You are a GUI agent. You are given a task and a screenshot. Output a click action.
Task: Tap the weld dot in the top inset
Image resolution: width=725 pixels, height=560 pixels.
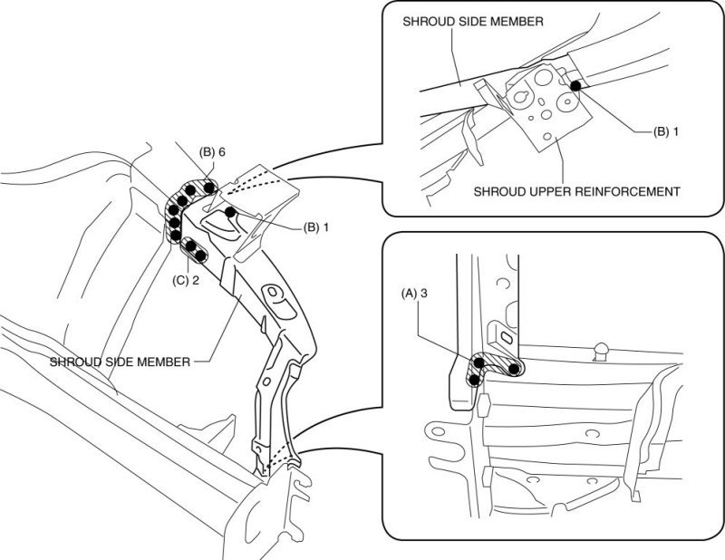[575, 86]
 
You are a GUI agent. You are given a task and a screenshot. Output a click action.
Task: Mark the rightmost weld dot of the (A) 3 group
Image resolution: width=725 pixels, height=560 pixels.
[515, 369]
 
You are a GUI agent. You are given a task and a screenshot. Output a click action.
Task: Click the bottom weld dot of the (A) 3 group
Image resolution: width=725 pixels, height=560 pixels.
[472, 378]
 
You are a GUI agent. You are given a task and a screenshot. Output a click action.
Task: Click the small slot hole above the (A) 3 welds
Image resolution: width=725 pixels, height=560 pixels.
[505, 334]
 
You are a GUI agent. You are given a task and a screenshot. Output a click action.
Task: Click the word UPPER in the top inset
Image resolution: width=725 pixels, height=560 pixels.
[548, 191]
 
